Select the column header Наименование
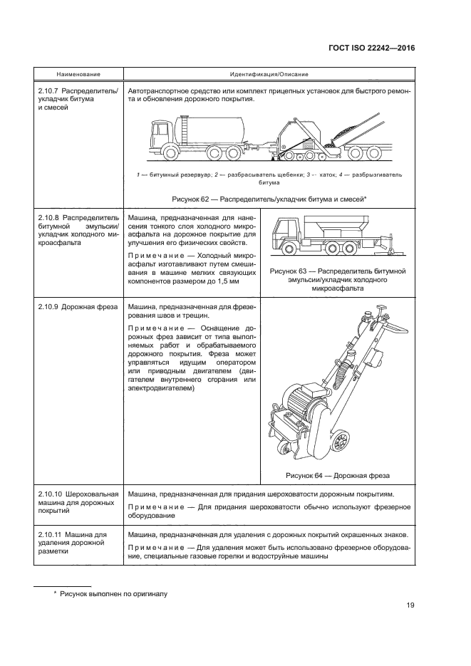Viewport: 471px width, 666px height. pos(78,75)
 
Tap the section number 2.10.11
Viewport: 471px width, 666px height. pos(50,534)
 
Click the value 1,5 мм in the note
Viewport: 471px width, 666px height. pos(231,281)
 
